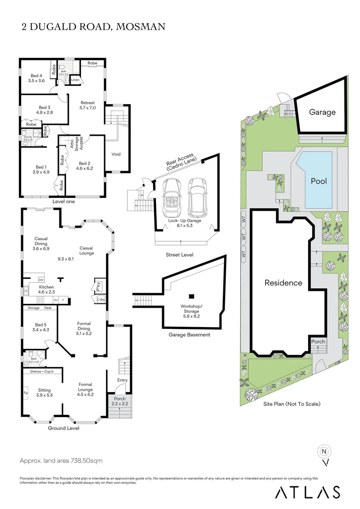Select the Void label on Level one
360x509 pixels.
click(116, 154)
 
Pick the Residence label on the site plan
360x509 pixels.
click(283, 283)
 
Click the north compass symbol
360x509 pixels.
click(324, 452)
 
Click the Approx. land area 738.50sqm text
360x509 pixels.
click(61, 460)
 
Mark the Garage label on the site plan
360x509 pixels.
click(322, 112)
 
